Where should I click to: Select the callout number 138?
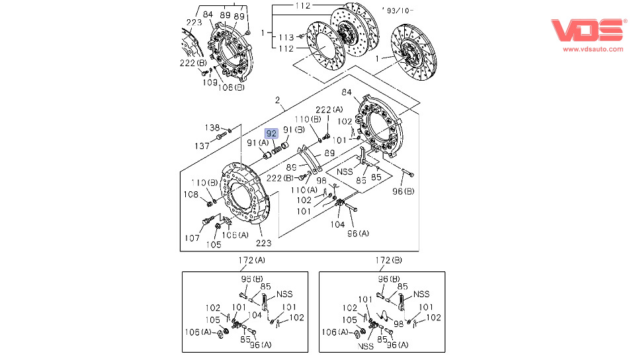[211, 127]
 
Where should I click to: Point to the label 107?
[191, 238]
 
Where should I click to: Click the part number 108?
[191, 195]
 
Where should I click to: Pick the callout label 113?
[286, 37]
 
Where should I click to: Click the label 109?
[210, 83]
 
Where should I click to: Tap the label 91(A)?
[257, 143]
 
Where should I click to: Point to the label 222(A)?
[329, 110]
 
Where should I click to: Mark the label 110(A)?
[304, 190]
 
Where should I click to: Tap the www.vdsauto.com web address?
[593, 49]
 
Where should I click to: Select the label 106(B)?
[232, 87]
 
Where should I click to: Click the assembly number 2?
[278, 101]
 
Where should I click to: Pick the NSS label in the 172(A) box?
[284, 294]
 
